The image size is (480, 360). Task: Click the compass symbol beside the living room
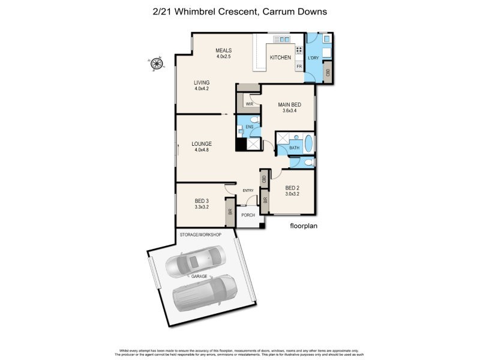[157, 62]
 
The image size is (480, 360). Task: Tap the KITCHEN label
[280, 58]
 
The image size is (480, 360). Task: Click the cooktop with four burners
[298, 50]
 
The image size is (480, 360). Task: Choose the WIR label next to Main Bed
[249, 104]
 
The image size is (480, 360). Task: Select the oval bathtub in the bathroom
[309, 144]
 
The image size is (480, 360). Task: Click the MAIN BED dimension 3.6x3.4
[289, 111]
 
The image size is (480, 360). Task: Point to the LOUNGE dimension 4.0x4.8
[202, 150]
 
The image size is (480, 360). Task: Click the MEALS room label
[224, 51]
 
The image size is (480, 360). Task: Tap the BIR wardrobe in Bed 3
[229, 212]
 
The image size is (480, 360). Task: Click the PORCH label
[248, 215]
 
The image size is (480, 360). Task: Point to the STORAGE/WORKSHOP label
[200, 234]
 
